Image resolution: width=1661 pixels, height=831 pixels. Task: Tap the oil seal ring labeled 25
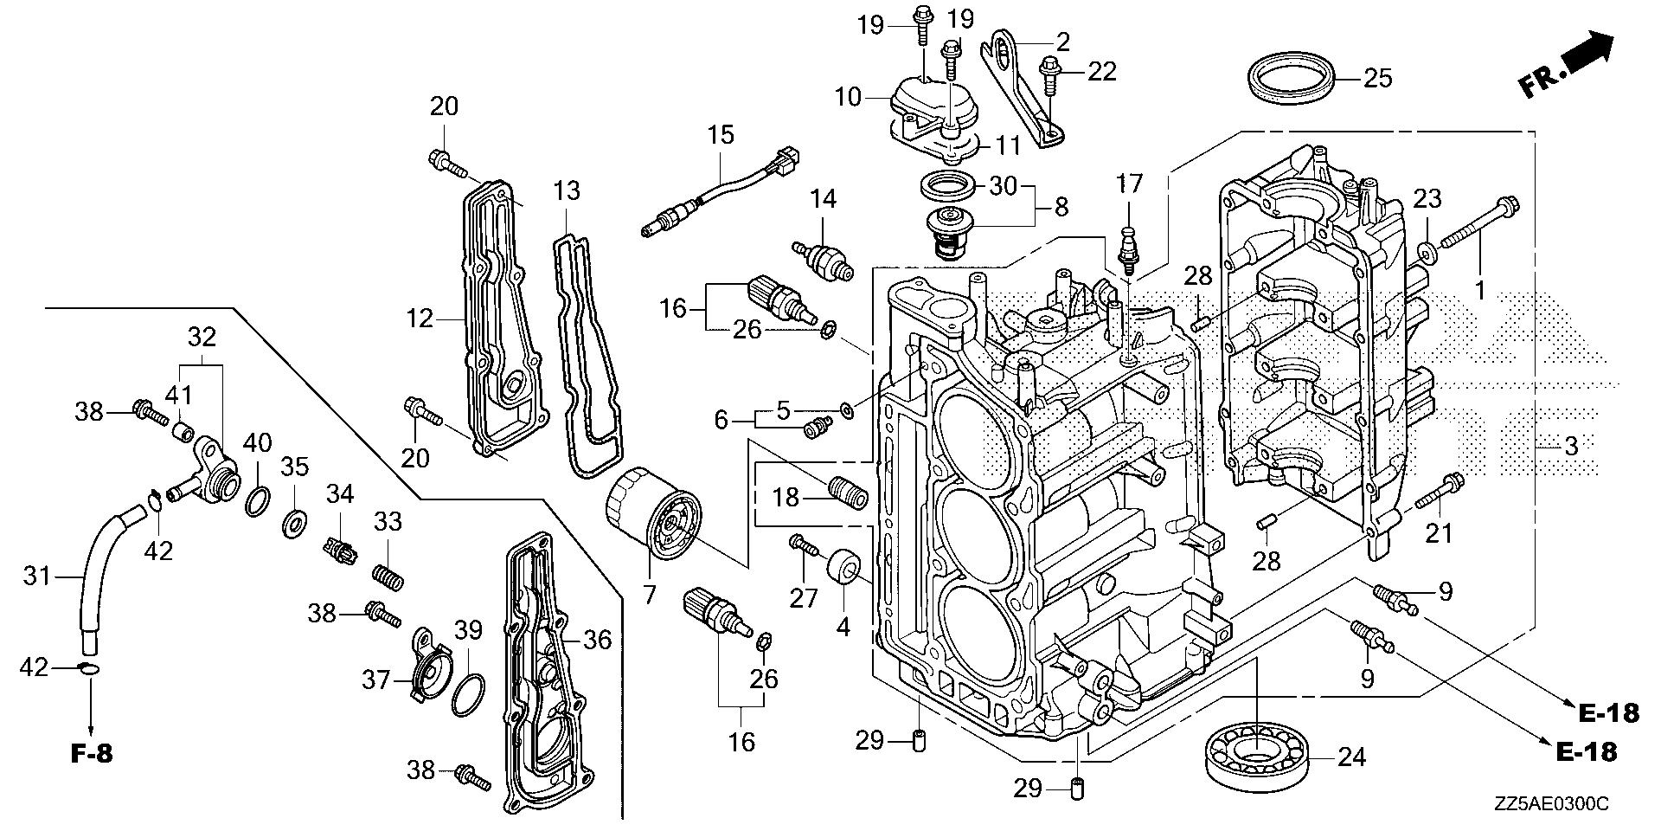[x=1294, y=79]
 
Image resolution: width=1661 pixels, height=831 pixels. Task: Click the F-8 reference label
[x=91, y=754]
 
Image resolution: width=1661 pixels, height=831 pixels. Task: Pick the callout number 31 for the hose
[x=37, y=575]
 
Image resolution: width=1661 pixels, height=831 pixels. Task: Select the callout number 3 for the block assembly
[x=1570, y=447]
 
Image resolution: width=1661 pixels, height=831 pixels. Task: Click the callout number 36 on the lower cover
[x=597, y=640]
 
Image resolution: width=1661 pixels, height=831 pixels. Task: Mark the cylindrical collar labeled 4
[x=843, y=571]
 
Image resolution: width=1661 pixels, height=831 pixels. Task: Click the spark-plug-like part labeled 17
[x=1128, y=246]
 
